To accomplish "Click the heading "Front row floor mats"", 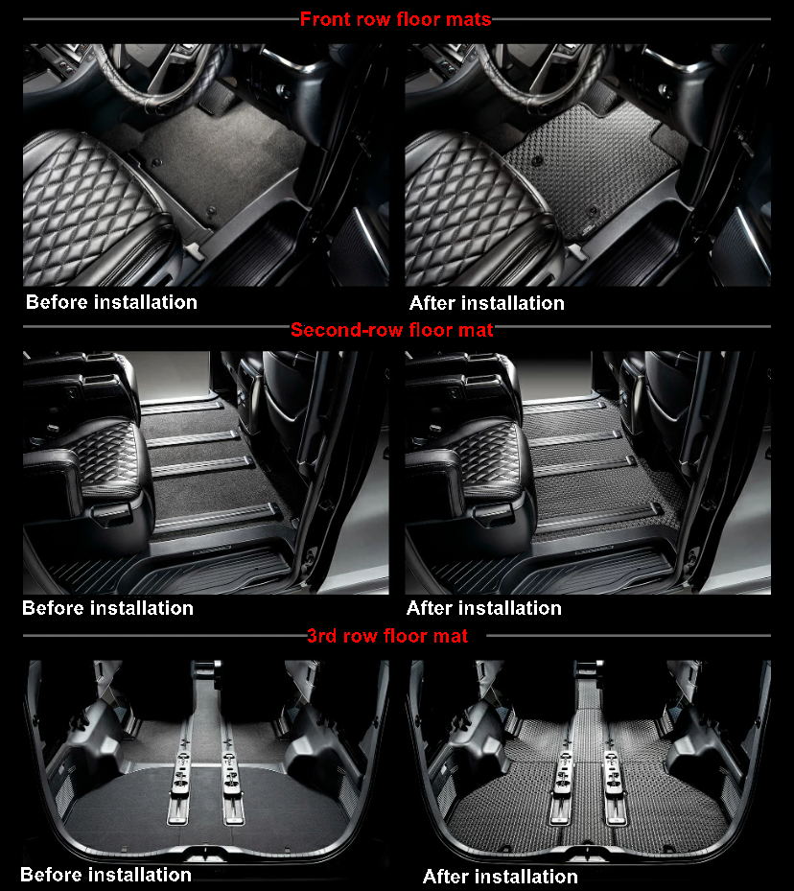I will point(395,19).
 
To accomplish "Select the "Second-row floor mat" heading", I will point(392,330).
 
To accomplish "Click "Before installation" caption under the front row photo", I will point(111,302).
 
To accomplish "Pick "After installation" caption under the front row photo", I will point(486,303).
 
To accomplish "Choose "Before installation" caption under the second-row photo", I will point(107,608).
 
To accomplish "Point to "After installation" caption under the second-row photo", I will point(483,608).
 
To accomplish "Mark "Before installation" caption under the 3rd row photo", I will point(105,874).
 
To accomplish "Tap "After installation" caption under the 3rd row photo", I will point(500,877).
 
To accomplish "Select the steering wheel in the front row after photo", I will point(537,72).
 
